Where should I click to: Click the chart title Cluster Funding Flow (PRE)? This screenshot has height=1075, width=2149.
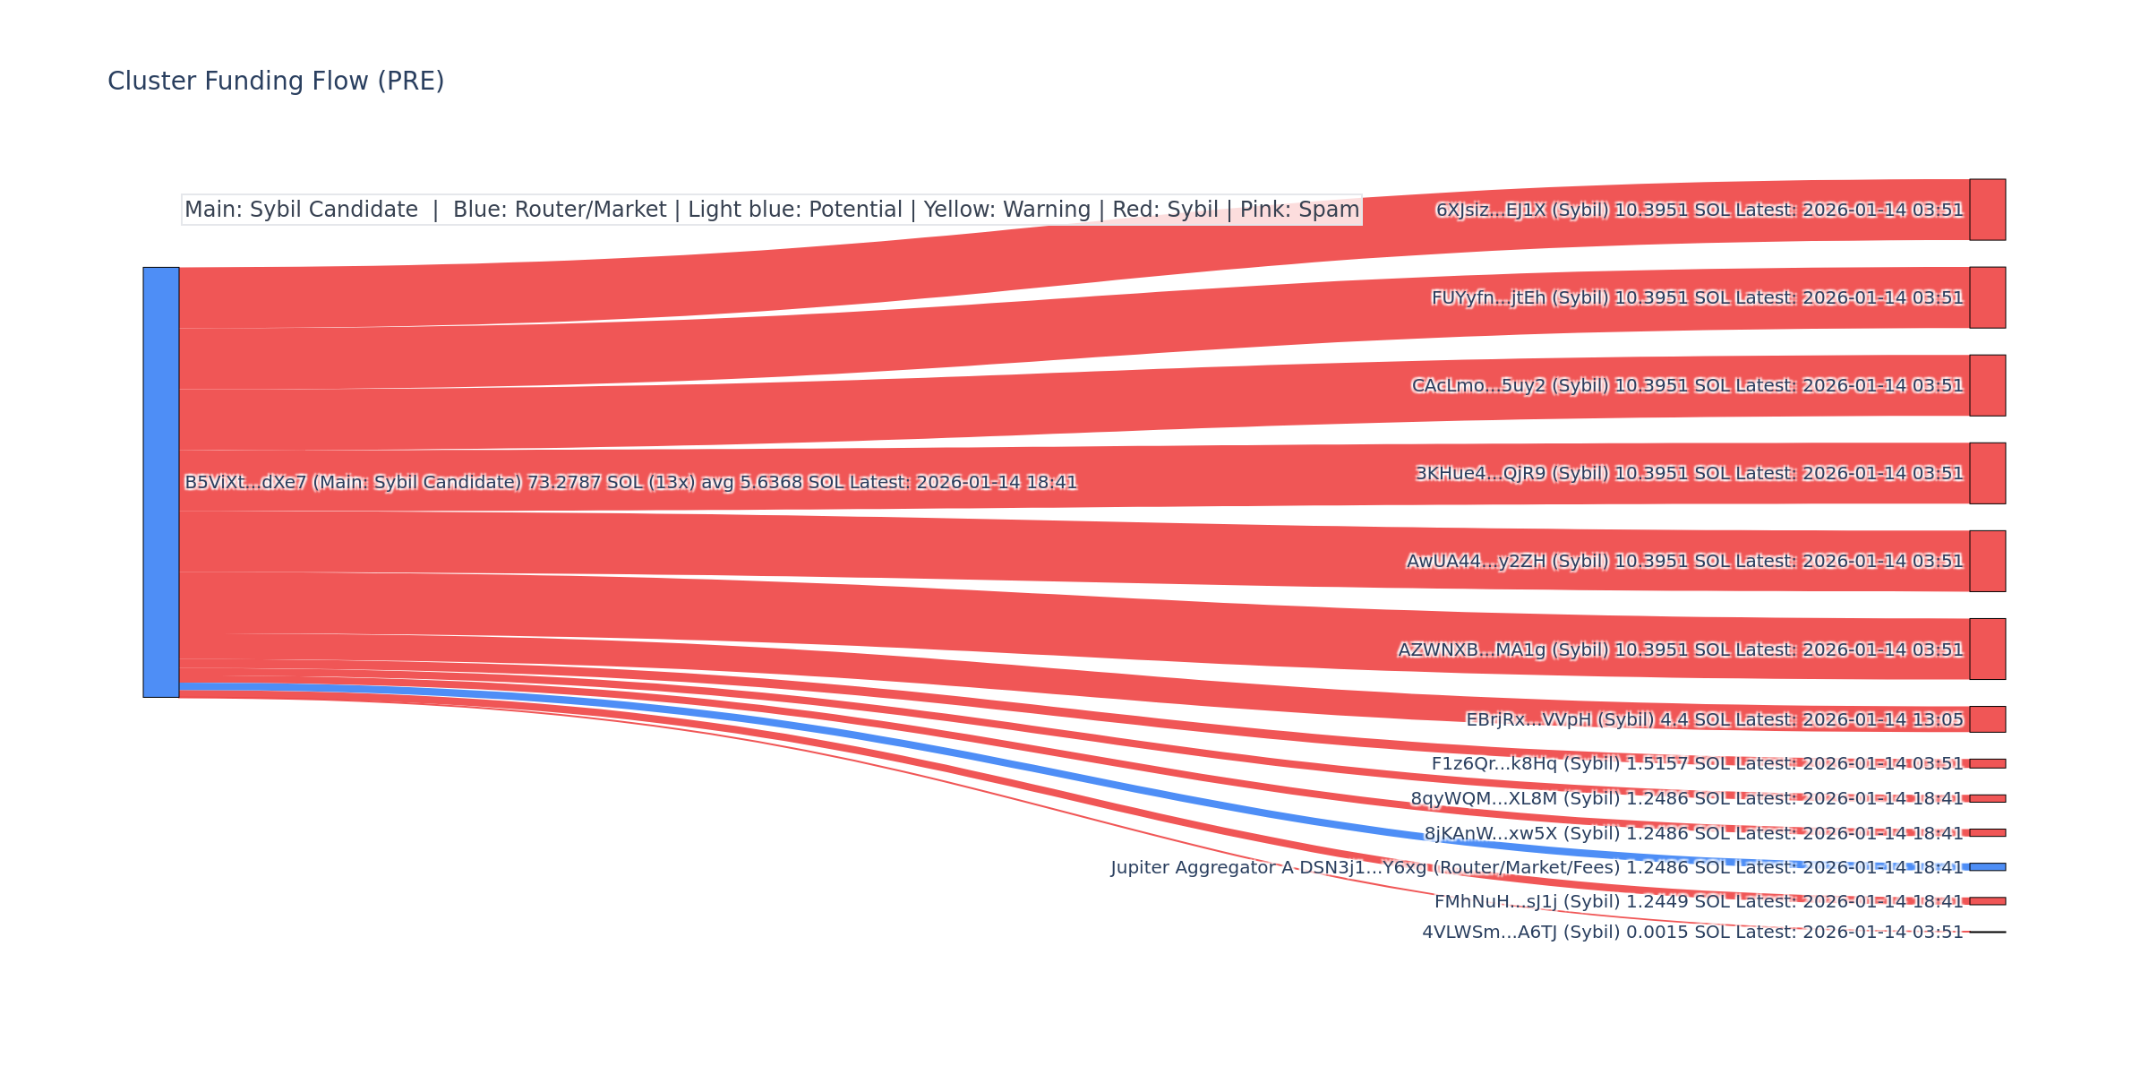click(276, 82)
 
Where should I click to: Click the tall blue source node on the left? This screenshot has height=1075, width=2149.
click(161, 482)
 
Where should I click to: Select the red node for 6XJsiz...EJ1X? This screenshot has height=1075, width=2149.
click(1987, 210)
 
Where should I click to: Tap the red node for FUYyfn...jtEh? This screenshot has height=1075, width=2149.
click(1987, 297)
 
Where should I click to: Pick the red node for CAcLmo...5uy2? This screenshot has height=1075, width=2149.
click(1987, 385)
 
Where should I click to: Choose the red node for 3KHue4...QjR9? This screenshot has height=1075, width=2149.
click(1987, 473)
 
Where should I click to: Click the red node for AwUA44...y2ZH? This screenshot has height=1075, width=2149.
click(1987, 561)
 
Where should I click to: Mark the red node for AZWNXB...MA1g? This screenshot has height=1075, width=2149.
click(1987, 649)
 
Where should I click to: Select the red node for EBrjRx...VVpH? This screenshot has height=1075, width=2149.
click(1987, 719)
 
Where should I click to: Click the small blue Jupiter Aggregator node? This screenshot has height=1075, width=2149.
click(1987, 867)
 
